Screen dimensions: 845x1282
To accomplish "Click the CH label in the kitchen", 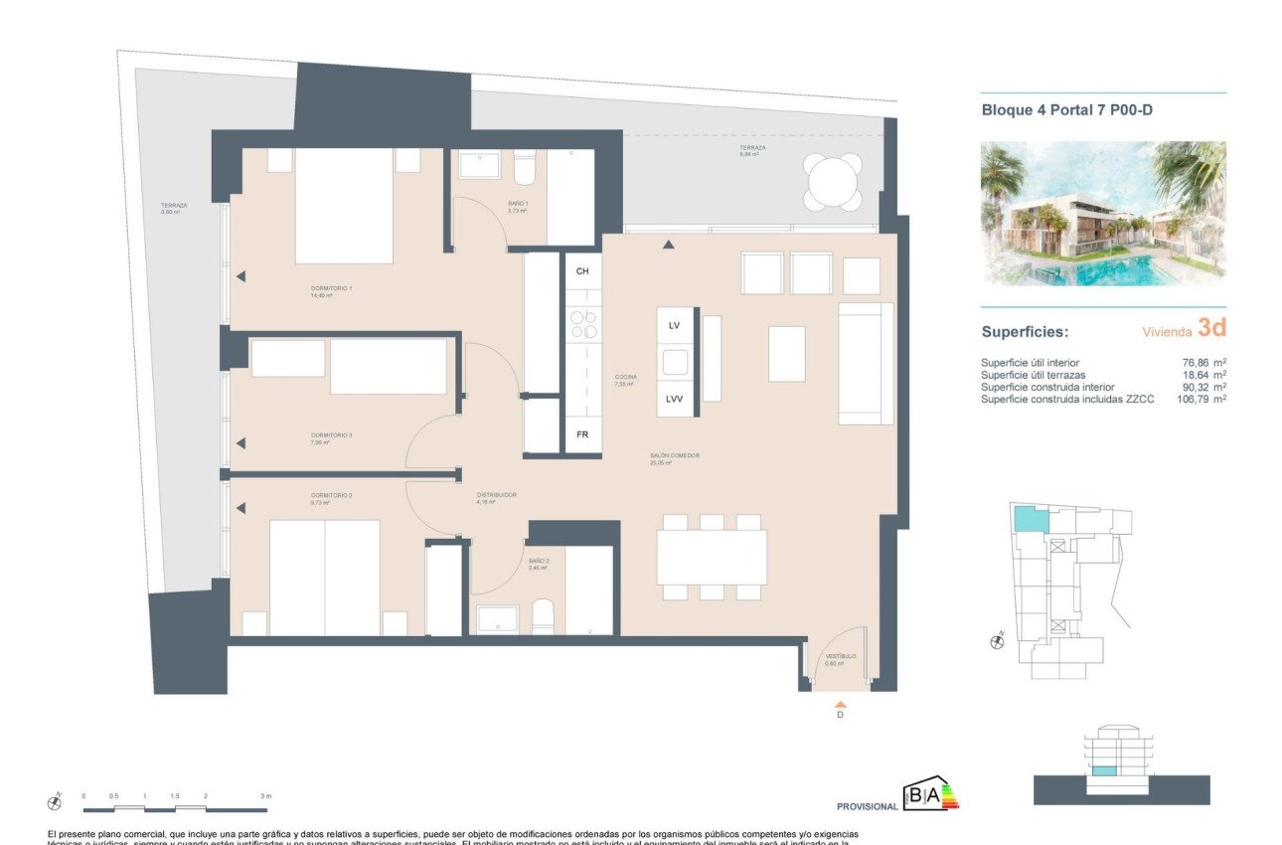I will coord(582,271).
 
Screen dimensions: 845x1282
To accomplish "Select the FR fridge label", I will coord(582,435).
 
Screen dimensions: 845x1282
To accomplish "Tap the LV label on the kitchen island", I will coord(674,325).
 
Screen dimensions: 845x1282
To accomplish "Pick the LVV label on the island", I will coord(674,399).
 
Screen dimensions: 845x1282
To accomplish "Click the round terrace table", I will coord(833,182).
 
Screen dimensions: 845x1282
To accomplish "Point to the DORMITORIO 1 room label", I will coord(332,289).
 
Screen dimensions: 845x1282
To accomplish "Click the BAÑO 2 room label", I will coord(539,562).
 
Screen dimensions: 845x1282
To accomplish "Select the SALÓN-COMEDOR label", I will coord(675,455).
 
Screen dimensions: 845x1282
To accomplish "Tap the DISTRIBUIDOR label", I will coord(497,494).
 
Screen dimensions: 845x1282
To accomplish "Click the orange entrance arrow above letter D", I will coord(840,702).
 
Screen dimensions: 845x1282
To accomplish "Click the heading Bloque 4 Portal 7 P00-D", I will coord(1066,110).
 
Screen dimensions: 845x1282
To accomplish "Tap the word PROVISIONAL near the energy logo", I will coord(869,806).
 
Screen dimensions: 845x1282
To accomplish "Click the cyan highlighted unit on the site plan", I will coord(1031,518).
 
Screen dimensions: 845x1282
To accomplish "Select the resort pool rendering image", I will coord(1103,214).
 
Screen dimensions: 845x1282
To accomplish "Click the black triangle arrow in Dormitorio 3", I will coord(240,443).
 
